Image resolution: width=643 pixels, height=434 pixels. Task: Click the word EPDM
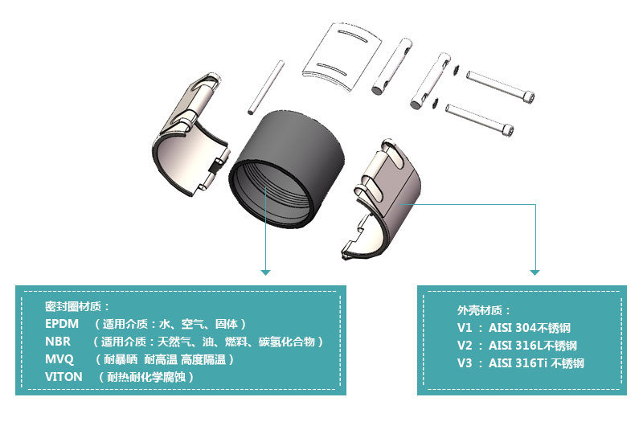pyautogui.click(x=63, y=324)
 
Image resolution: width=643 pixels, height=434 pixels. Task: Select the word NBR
pyautogui.click(x=58, y=342)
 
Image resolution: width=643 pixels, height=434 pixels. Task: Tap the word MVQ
pyautogui.click(x=59, y=359)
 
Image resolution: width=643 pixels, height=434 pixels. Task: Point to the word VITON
pyautogui.click(x=63, y=376)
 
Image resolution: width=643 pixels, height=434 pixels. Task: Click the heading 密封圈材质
pyautogui.click(x=77, y=306)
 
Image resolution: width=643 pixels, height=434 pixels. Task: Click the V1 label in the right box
pyautogui.click(x=465, y=328)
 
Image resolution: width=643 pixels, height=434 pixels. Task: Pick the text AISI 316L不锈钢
pyautogui.click(x=533, y=346)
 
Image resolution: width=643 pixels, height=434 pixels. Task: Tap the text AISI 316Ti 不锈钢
pyautogui.click(x=536, y=363)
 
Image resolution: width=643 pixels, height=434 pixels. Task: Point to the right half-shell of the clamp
pyautogui.click(x=386, y=197)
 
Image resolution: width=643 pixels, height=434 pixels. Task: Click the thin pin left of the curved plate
pyautogui.click(x=264, y=85)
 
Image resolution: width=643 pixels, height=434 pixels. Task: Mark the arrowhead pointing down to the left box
pyautogui.click(x=265, y=272)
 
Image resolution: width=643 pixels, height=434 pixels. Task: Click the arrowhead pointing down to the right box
pyautogui.click(x=535, y=272)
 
